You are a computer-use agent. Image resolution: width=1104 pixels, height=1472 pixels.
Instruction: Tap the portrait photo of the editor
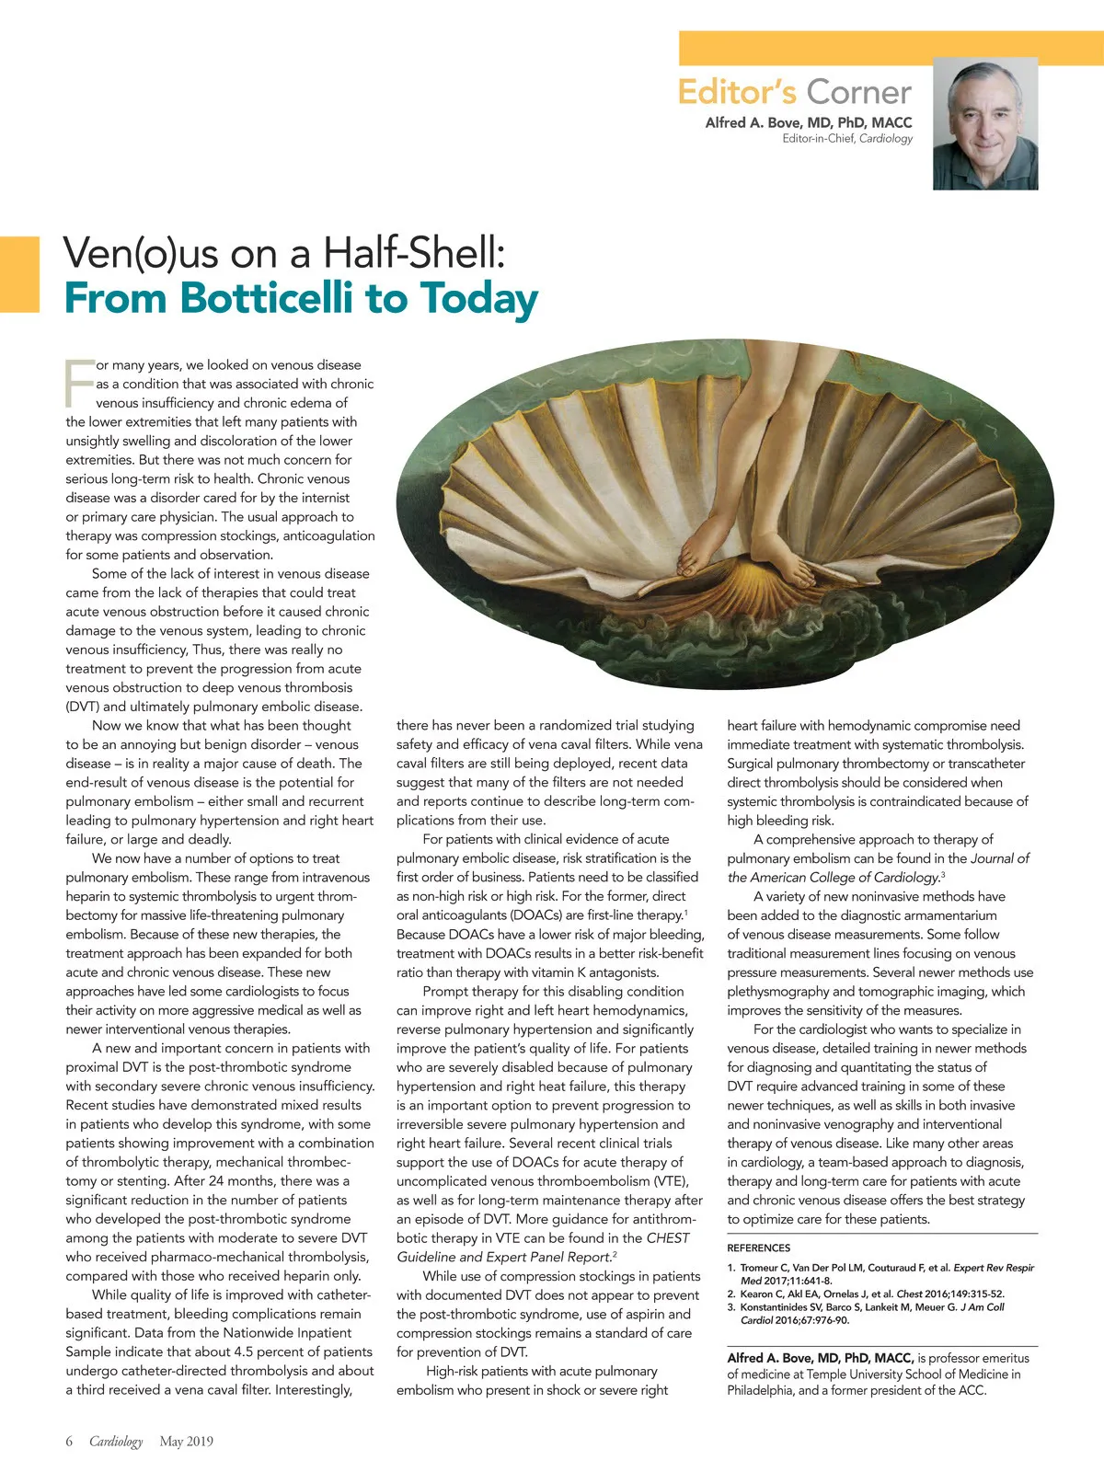[x=985, y=123]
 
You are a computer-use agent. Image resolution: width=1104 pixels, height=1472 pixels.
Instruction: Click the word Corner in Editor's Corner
[x=858, y=93]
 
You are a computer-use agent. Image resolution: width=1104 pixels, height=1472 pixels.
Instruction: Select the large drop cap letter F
[x=79, y=383]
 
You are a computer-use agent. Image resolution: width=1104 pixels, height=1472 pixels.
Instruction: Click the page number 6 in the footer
[x=69, y=1441]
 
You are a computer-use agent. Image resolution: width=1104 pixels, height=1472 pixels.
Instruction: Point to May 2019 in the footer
[x=186, y=1441]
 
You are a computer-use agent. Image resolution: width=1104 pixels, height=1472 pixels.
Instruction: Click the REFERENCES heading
[x=758, y=1248]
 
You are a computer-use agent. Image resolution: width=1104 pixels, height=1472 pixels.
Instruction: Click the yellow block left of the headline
[x=19, y=274]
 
